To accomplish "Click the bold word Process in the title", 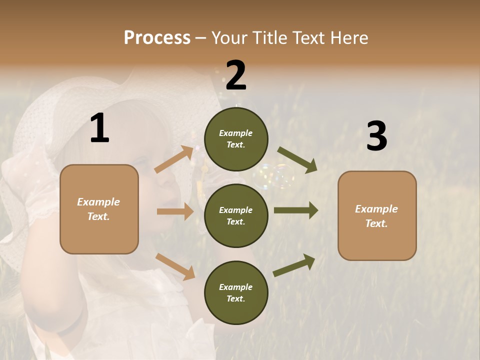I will (x=157, y=37).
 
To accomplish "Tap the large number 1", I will (x=99, y=128).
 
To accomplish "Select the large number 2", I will (x=236, y=76).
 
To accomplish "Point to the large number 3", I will (x=376, y=136).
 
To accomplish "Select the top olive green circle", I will (x=236, y=139).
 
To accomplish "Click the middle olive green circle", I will (x=236, y=215).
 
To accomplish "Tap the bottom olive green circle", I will (x=236, y=292).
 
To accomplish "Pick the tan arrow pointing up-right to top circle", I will (x=174, y=159).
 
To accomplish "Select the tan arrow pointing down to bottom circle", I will (x=175, y=266).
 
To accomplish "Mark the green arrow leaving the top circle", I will (x=297, y=160).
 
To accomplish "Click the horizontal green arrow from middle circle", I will (x=296, y=210).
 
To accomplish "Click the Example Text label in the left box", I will (x=98, y=209).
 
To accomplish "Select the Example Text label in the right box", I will (x=376, y=216).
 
